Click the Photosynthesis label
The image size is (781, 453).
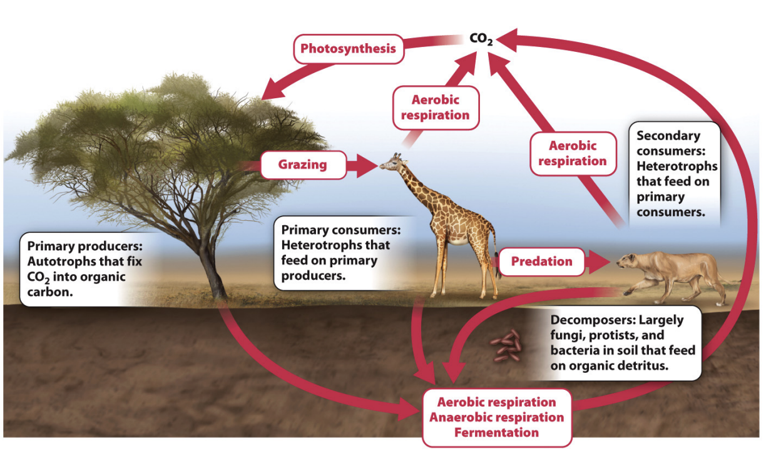[348, 49]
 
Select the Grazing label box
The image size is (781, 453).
[303, 165]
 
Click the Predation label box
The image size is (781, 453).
[541, 262]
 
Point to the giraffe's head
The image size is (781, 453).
[391, 163]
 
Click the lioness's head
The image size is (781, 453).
[629, 262]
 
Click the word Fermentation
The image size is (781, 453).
[496, 432]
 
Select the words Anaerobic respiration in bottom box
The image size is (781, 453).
[496, 417]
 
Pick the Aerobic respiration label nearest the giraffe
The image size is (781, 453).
[435, 108]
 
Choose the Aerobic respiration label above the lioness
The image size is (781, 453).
[573, 153]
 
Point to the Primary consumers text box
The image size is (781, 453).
[341, 253]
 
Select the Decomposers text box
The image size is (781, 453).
[622, 343]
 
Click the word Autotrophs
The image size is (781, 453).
[59, 262]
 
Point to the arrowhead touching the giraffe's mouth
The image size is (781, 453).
[368, 166]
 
